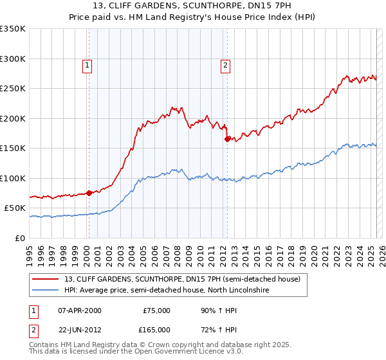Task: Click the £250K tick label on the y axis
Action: tap(13, 89)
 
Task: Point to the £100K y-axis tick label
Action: tap(13, 178)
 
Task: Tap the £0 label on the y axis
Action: tap(20, 238)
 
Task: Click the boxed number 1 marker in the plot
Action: tap(87, 64)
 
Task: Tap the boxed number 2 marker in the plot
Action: tap(226, 64)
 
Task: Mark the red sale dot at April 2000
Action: tap(89, 193)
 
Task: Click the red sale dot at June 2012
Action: tap(227, 139)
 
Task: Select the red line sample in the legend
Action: tap(46, 279)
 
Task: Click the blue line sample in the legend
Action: tap(46, 291)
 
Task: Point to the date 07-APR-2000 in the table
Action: tap(80, 310)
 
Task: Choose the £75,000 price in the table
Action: tap(156, 310)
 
